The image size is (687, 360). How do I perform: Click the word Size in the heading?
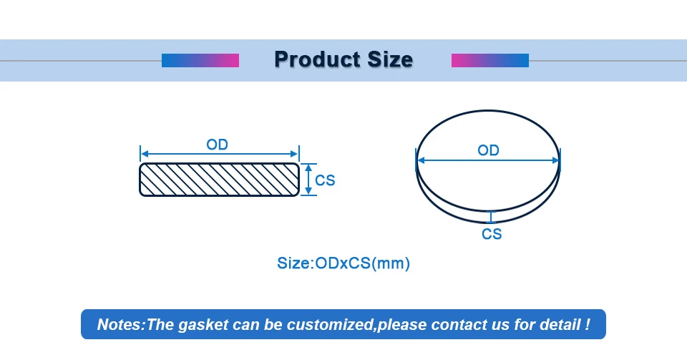point(390,59)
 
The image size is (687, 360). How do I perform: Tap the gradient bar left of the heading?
point(200,60)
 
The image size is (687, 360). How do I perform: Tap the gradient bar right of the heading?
point(489,60)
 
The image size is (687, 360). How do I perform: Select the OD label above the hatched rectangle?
point(218,145)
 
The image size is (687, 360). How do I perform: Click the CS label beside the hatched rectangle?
point(325,180)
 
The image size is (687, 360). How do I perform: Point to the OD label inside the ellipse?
point(488,150)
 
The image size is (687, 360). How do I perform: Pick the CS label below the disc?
point(492,234)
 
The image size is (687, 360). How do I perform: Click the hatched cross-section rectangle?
point(219,180)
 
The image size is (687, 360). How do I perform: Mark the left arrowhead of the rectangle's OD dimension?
point(144,154)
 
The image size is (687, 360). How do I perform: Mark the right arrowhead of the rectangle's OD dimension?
point(294,154)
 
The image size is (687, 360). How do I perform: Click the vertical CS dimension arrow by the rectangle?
point(308,179)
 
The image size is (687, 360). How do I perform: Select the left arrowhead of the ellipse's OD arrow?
point(421,160)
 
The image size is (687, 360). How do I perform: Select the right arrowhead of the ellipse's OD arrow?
point(555,160)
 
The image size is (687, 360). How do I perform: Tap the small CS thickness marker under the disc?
point(491,218)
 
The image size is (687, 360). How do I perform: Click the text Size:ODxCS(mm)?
point(343,263)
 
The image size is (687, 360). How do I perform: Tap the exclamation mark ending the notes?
point(587,324)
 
